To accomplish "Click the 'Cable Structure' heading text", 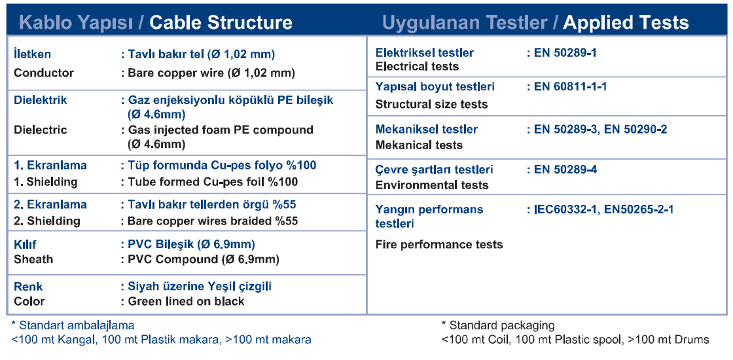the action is click(x=221, y=22).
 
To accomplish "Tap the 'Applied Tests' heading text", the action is click(x=626, y=22).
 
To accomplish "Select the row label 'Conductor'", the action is click(x=44, y=73).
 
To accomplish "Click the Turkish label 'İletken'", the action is click(x=32, y=54).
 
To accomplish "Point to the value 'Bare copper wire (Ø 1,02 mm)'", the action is click(x=211, y=73).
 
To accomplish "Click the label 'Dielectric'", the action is click(x=40, y=130).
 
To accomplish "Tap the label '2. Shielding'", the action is click(x=46, y=221).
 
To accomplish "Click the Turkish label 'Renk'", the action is click(x=28, y=286).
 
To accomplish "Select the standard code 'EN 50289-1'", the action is click(x=565, y=53).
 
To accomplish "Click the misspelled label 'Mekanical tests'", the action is click(x=419, y=145).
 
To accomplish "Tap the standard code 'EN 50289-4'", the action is click(x=565, y=170).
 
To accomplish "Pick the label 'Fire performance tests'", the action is click(x=439, y=245).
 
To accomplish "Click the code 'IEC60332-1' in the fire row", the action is click(x=565, y=209).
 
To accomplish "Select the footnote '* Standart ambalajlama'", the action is click(x=73, y=325).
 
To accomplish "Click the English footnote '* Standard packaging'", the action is click(x=498, y=325).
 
